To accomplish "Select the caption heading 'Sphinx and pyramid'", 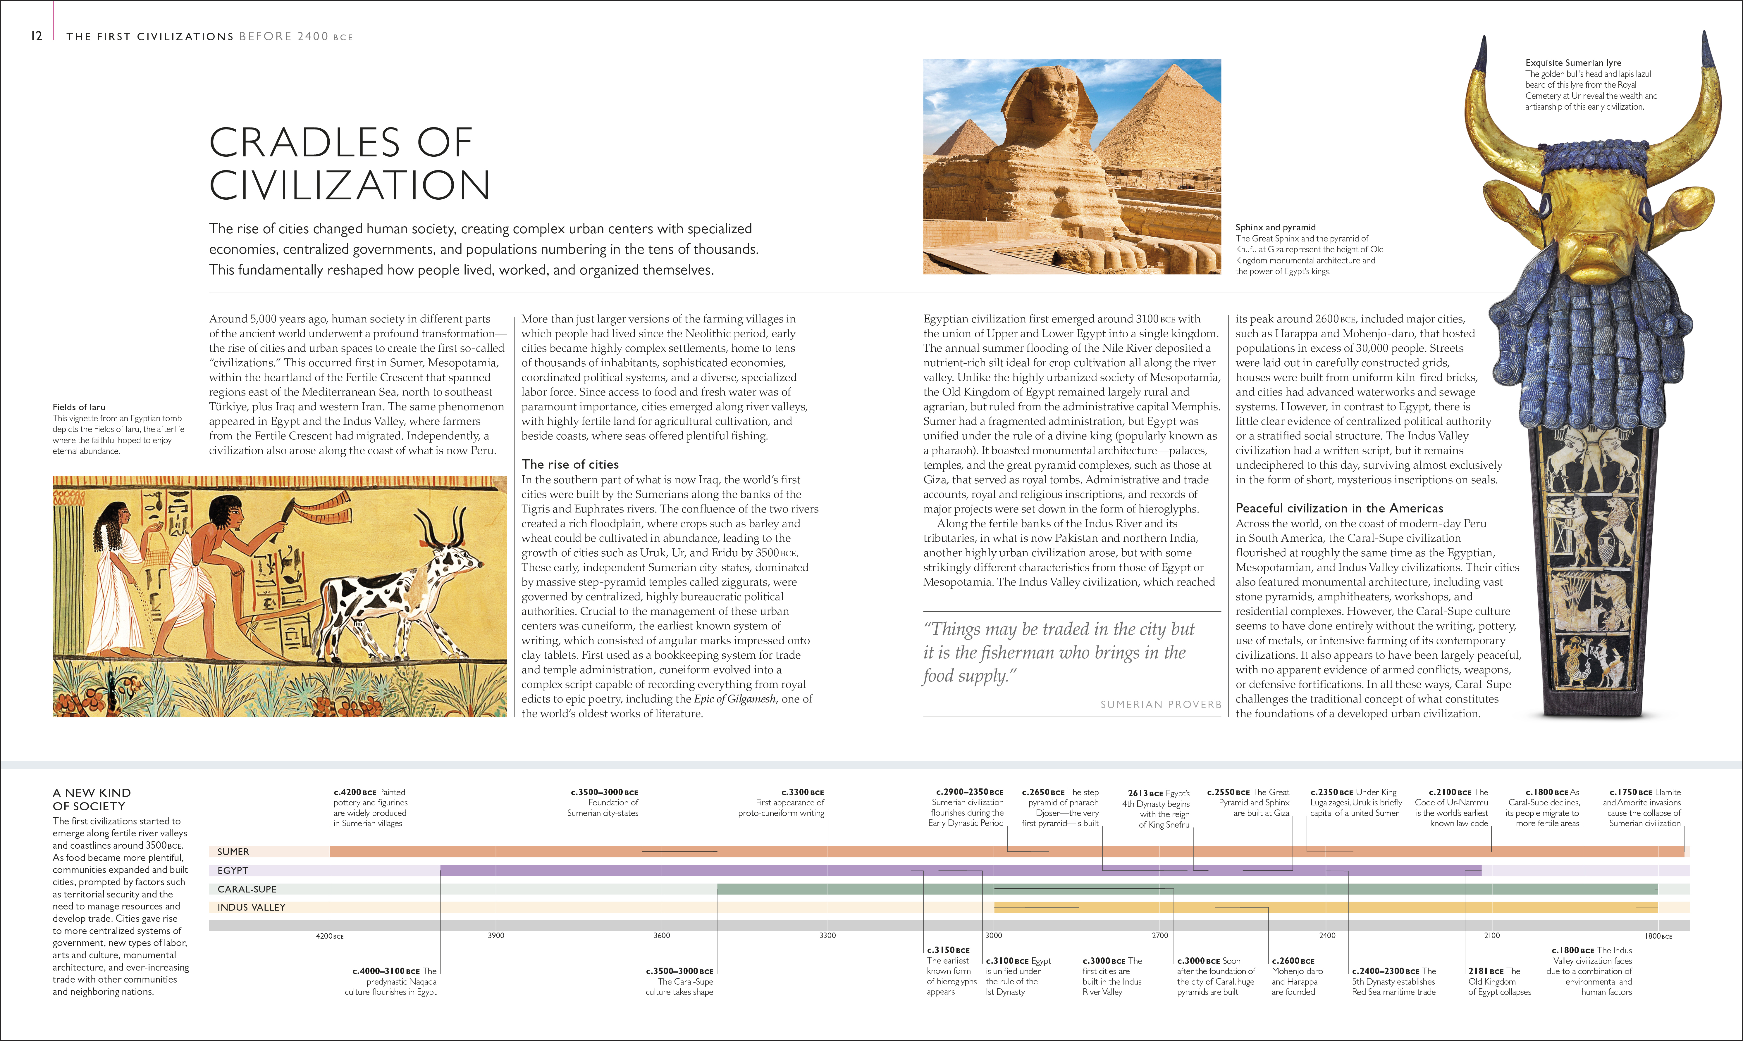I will click(x=1275, y=227).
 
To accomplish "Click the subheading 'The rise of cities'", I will click(x=570, y=465).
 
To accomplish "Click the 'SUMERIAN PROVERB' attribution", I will click(x=1161, y=704).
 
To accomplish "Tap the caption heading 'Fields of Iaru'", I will click(x=79, y=407).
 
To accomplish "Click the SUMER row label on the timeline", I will click(x=233, y=852).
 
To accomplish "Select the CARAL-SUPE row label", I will click(x=247, y=889).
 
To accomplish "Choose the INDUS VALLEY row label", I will click(x=251, y=907).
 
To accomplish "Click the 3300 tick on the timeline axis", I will click(x=827, y=935).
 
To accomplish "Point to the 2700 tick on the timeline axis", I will click(x=1160, y=935).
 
